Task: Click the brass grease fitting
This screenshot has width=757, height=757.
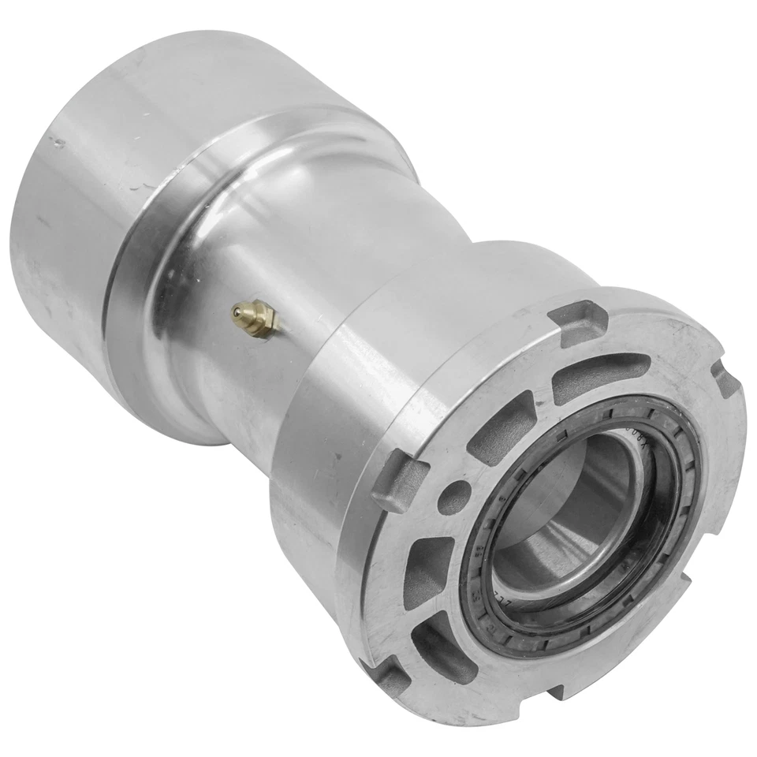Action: click(x=255, y=319)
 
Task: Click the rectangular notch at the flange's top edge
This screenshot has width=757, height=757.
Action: click(x=577, y=322)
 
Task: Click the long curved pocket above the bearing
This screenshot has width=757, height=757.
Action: click(x=599, y=378)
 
